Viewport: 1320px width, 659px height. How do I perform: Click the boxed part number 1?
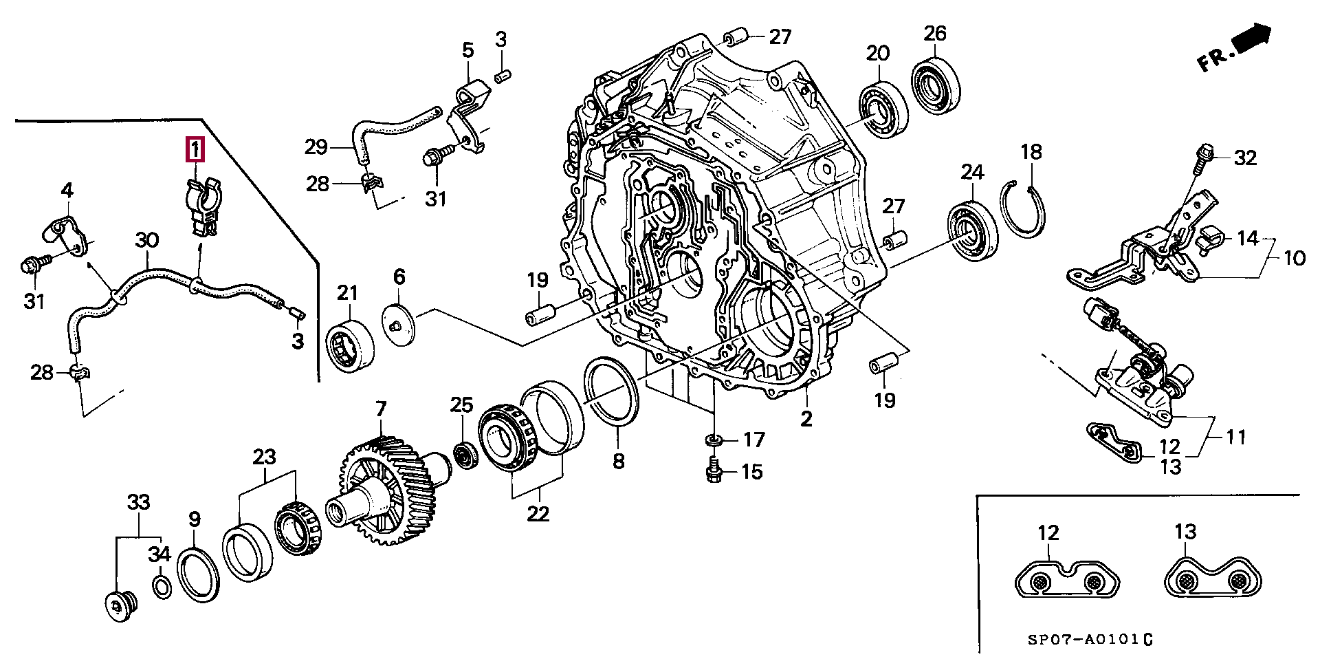click(x=196, y=149)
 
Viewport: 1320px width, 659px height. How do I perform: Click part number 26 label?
click(x=935, y=32)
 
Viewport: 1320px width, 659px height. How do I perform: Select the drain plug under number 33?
click(x=120, y=606)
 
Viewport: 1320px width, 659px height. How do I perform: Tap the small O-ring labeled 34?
click(x=162, y=587)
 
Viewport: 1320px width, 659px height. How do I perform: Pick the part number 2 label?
click(x=806, y=418)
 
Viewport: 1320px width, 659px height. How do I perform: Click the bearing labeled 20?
click(x=883, y=109)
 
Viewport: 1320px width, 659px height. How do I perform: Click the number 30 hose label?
click(x=146, y=241)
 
